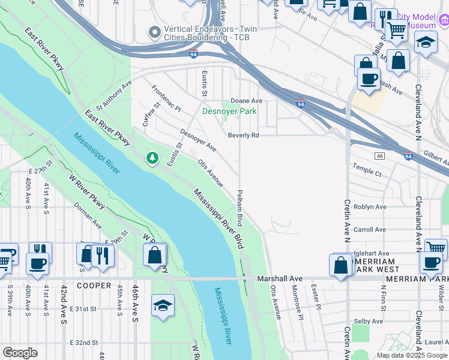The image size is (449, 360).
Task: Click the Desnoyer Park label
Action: click(229, 111)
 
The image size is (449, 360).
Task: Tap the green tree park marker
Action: click(152, 158)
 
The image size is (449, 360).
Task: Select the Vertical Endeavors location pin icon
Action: click(155, 32)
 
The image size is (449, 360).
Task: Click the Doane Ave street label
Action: click(247, 101)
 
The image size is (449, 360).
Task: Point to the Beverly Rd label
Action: click(243, 136)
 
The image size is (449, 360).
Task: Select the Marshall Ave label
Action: click(280, 279)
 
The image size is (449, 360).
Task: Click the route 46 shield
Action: click(379, 156)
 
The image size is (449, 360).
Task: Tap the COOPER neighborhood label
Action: click(94, 286)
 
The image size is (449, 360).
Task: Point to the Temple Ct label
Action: click(367, 173)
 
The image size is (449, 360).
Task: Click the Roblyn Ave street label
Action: click(370, 207)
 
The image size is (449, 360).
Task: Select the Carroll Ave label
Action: click(370, 230)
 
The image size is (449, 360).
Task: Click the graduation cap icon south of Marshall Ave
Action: click(163, 305)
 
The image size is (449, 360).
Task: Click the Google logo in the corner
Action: click(20, 353)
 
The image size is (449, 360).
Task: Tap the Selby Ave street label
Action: click(369, 322)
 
